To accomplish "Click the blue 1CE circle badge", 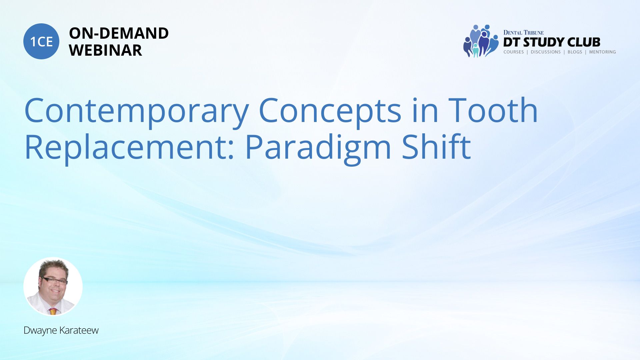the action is [41, 41].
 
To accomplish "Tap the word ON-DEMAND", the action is [119, 33].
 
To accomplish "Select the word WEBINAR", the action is [105, 50].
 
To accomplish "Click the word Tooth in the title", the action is [493, 110].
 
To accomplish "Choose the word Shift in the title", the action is [436, 147].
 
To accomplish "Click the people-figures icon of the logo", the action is [481, 41].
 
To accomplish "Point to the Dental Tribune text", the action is [523, 33].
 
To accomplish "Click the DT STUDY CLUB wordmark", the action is [552, 42].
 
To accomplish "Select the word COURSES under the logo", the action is [513, 52].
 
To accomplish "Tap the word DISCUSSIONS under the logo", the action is [546, 52].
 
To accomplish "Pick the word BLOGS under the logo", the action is [575, 52].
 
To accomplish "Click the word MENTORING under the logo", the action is [602, 52].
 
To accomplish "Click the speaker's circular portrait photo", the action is [53, 286].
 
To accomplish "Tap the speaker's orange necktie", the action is [53, 311].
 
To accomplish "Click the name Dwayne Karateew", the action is [61, 330].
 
